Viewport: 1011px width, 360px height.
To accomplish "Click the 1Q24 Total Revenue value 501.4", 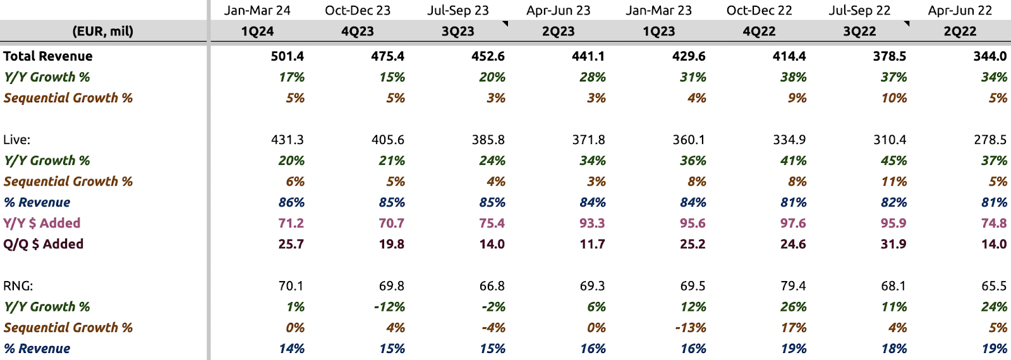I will click(287, 56).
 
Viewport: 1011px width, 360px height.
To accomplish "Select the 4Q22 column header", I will click(759, 32).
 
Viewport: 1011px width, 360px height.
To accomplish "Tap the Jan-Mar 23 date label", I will click(658, 11).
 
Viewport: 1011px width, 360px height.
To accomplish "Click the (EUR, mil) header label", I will click(103, 32).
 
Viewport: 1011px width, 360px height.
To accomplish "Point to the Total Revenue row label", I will click(48, 56).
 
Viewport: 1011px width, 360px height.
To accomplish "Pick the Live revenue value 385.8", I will click(488, 140).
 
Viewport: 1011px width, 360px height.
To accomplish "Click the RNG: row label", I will click(18, 286).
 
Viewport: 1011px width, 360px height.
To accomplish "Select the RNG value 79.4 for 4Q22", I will click(789, 286).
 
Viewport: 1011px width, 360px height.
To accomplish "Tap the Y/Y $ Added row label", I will click(42, 223).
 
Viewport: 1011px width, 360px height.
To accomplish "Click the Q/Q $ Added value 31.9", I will click(893, 244).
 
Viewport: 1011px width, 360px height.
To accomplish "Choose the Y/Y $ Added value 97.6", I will click(792, 223).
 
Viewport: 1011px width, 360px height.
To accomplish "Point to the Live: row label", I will click(17, 140).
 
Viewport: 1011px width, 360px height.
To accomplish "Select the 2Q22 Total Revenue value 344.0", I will click(990, 56).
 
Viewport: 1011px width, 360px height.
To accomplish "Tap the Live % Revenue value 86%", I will click(291, 202).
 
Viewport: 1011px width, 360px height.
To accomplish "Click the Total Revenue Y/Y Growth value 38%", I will click(793, 77).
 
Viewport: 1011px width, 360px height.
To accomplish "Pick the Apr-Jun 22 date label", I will click(960, 11).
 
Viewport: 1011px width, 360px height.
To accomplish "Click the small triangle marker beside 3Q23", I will click(505, 24).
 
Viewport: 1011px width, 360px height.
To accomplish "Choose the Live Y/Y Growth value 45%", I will click(893, 160).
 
